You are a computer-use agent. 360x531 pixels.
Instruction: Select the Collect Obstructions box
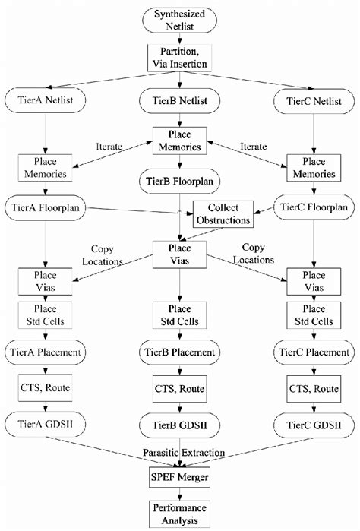[x=222, y=213]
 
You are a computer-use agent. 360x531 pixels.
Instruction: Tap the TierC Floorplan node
[x=313, y=207]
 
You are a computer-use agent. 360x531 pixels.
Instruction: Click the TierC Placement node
[x=313, y=352]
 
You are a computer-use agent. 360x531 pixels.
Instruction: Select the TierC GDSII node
[x=313, y=424]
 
